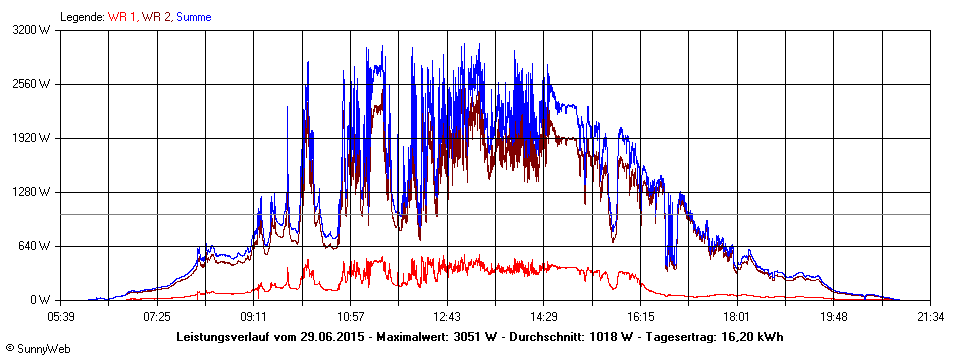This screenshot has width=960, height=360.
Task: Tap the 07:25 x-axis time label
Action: click(x=157, y=316)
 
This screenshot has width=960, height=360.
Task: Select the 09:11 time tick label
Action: click(x=254, y=316)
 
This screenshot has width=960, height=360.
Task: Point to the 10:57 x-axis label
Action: click(x=350, y=316)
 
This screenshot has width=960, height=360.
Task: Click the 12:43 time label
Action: click(x=447, y=316)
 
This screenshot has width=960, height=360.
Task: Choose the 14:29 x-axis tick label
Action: click(x=543, y=316)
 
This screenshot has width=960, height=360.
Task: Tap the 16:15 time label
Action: click(x=640, y=316)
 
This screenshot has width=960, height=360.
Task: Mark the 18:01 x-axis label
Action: click(x=736, y=316)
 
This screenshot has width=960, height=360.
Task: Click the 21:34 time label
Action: click(x=929, y=316)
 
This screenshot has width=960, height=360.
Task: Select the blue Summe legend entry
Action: click(x=194, y=17)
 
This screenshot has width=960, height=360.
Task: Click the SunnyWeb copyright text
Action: click(x=34, y=349)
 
